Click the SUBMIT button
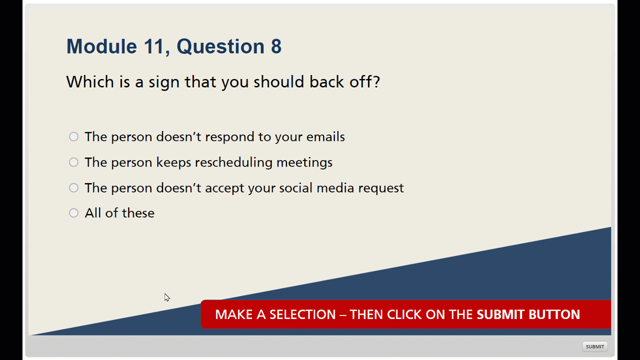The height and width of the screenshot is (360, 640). click(x=595, y=346)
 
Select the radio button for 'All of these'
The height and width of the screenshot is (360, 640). click(x=73, y=213)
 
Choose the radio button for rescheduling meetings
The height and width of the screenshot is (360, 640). click(x=73, y=162)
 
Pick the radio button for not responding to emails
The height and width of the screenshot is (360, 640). click(x=73, y=136)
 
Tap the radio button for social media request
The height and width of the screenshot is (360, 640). click(x=73, y=187)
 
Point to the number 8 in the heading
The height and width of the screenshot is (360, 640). click(x=276, y=46)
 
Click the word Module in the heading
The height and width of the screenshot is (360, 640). click(x=101, y=46)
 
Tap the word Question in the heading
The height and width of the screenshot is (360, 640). click(x=220, y=46)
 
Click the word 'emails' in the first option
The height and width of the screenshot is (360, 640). click(x=325, y=137)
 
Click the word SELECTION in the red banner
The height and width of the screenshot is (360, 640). click(x=302, y=314)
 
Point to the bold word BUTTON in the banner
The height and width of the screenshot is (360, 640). click(x=554, y=314)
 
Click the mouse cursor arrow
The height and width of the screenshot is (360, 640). click(x=167, y=297)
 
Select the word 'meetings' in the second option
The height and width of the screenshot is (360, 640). click(x=304, y=163)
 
